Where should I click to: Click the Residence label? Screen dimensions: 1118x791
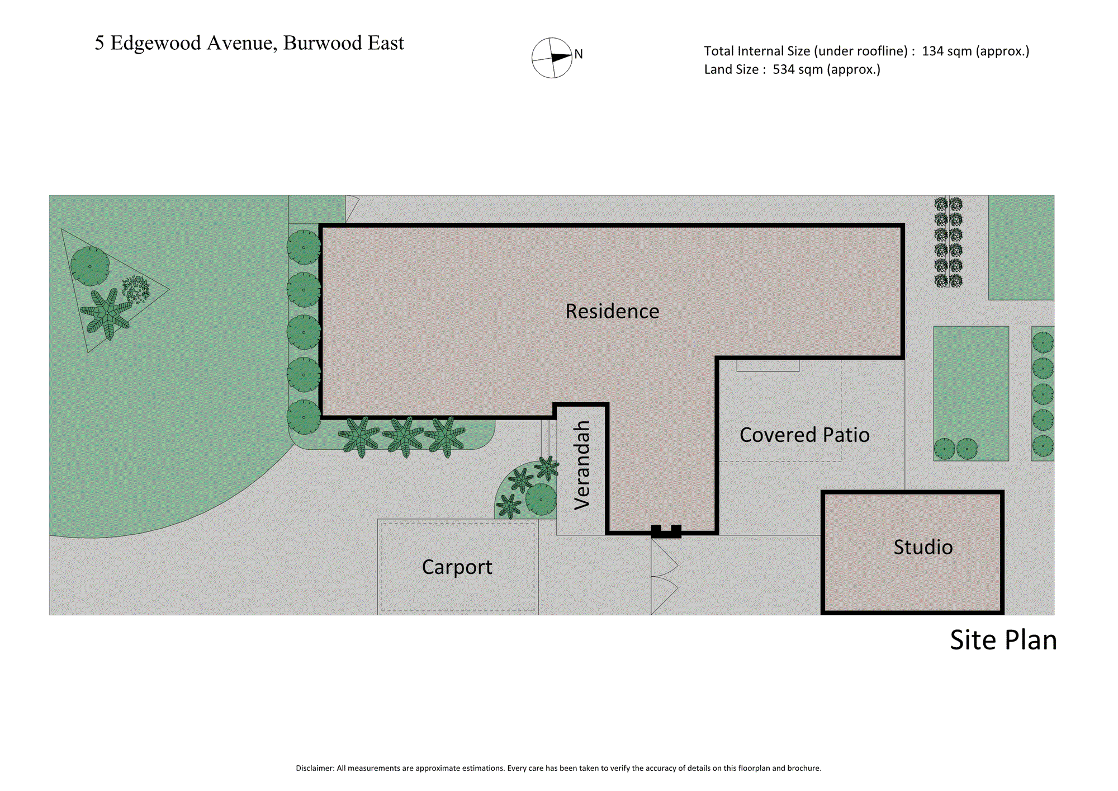[x=612, y=311]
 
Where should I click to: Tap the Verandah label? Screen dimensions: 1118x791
[x=582, y=465]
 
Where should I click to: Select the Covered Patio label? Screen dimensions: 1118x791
[x=804, y=435]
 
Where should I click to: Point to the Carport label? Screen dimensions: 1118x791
[x=457, y=567]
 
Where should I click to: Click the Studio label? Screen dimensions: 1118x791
[x=923, y=547]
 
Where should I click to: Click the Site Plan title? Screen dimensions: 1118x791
[x=1003, y=640]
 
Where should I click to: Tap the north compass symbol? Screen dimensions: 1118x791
[x=552, y=58]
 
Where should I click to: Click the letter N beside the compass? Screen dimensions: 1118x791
[x=579, y=54]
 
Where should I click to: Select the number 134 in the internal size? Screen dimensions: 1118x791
[x=932, y=51]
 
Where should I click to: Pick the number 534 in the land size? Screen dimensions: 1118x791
[x=783, y=69]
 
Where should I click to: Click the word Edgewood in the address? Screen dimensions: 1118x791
[x=155, y=44]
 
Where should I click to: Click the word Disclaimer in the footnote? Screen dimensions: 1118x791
[x=315, y=768]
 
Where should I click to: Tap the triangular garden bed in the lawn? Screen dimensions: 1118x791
[x=106, y=289]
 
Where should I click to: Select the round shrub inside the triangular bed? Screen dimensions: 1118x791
[x=90, y=266]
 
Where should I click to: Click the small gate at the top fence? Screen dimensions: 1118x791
[x=352, y=209]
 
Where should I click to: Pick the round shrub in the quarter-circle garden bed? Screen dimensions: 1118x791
[x=541, y=499]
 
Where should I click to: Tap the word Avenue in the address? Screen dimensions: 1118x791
[x=241, y=44]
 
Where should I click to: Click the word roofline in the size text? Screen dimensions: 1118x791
[x=880, y=51]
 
